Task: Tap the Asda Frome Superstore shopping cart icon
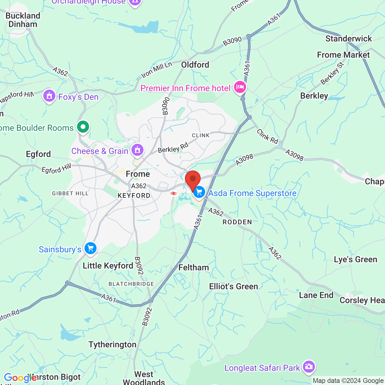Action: click(x=199, y=192)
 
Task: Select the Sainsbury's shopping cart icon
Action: click(x=91, y=249)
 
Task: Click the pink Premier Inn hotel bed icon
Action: click(x=240, y=88)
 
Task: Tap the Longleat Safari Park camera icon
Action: click(x=309, y=367)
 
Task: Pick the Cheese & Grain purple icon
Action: click(x=137, y=150)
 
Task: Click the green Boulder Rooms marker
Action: click(x=83, y=127)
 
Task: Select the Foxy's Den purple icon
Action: click(x=49, y=96)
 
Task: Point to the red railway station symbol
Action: click(x=174, y=193)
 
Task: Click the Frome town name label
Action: click(x=138, y=174)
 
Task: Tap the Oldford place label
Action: click(x=195, y=65)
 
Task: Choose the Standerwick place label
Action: click(x=349, y=38)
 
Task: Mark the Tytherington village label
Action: click(x=112, y=344)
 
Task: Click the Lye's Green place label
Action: click(x=356, y=259)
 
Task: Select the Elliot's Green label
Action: click(x=234, y=286)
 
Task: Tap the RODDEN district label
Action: click(x=237, y=222)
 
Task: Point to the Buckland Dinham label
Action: click(x=23, y=20)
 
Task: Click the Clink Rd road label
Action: click(x=267, y=136)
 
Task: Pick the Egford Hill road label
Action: click(x=56, y=169)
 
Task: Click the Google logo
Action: click(x=20, y=378)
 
